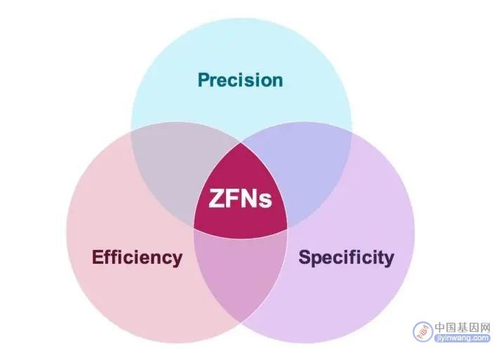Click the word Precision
(x=240, y=80)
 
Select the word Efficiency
(x=137, y=258)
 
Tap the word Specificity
(x=346, y=258)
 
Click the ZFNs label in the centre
(x=240, y=199)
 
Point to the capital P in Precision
(x=203, y=80)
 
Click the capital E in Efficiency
(x=97, y=257)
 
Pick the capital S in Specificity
(x=305, y=257)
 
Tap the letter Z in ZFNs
(x=215, y=199)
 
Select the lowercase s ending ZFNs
(x=266, y=201)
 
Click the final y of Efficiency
(x=178, y=260)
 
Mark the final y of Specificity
(x=389, y=260)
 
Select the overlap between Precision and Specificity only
(x=307, y=169)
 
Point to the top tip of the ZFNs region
(x=241, y=142)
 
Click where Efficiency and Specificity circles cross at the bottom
(x=241, y=323)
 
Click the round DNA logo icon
(x=422, y=331)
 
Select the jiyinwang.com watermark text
(x=462, y=338)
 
